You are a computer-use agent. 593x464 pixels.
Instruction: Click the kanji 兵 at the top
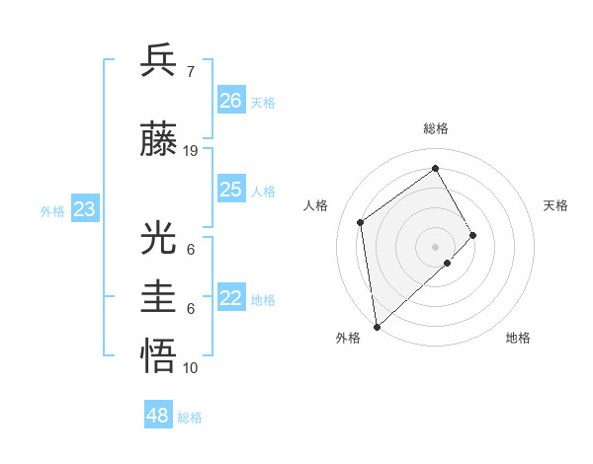tap(159, 60)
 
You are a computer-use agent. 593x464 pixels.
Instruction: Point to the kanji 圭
tap(159, 297)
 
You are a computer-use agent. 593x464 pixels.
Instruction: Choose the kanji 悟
tap(159, 355)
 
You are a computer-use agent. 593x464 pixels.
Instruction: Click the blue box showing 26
tap(231, 101)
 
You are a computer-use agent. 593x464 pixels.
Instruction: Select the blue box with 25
tap(231, 190)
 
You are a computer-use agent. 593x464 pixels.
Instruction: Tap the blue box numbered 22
tap(231, 299)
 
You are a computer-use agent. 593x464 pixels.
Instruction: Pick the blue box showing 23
tap(85, 209)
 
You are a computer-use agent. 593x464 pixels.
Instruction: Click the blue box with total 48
tap(158, 416)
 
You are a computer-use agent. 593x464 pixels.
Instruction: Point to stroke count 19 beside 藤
tap(191, 151)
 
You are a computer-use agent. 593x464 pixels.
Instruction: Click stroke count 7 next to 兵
tap(190, 71)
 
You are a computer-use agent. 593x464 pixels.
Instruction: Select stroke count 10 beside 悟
tap(191, 368)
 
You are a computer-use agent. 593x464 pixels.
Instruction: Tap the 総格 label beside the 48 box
tap(191, 418)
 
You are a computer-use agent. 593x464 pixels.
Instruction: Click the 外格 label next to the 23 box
tap(52, 210)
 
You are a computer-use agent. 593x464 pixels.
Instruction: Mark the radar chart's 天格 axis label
tap(556, 205)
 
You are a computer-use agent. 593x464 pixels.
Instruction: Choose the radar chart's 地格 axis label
tap(518, 338)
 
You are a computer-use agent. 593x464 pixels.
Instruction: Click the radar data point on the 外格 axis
tap(377, 326)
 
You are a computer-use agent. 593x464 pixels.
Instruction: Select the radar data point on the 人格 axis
tap(361, 222)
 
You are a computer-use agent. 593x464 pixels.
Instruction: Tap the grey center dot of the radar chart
tap(435, 246)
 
